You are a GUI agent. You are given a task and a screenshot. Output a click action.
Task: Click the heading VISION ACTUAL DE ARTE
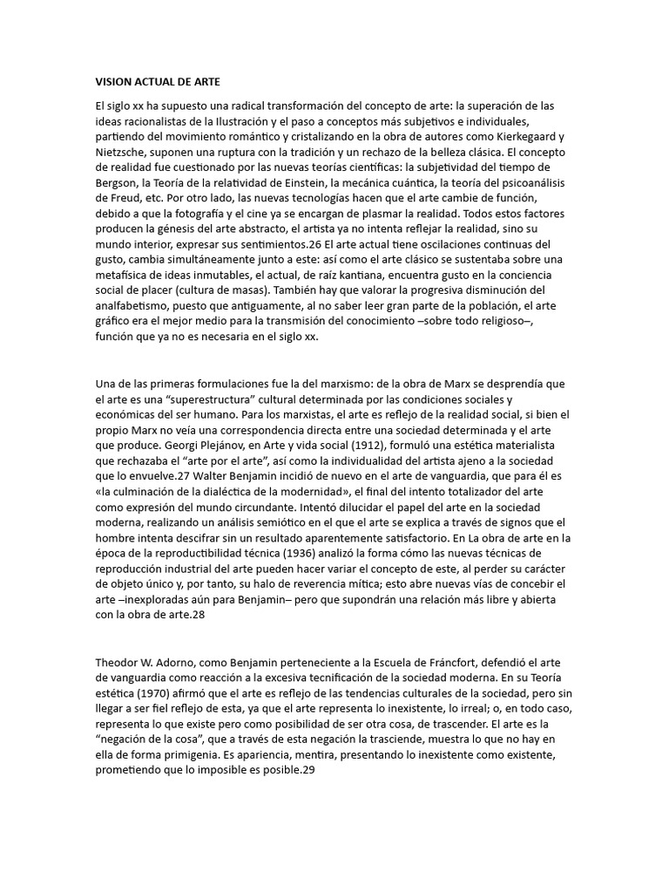point(158,82)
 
